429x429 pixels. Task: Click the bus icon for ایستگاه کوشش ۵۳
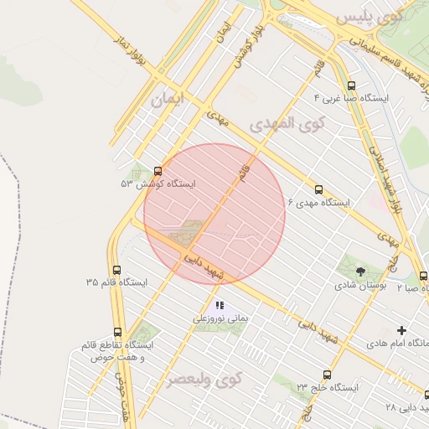158,171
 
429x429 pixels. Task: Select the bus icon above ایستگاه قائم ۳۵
116,270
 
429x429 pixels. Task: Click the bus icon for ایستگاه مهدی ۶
318,189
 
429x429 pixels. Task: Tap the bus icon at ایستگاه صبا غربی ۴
350,85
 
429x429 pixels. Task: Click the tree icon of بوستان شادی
360,271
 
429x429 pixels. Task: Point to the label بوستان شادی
359,285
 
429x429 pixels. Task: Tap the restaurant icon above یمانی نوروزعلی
220,306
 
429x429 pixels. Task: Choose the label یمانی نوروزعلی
220,318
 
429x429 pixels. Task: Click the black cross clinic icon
401,331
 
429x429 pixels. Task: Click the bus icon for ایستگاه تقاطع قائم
116,332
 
